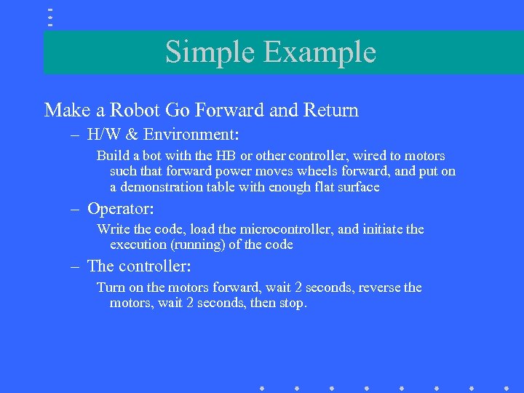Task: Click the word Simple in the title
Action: coord(210,52)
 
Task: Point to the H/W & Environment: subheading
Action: coord(164,135)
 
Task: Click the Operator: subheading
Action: coord(121,209)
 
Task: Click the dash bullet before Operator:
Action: coord(75,210)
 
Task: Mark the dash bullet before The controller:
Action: coord(75,266)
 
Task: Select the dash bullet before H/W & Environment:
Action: coord(75,135)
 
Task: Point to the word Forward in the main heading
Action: coord(230,110)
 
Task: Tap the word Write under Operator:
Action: coord(114,229)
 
